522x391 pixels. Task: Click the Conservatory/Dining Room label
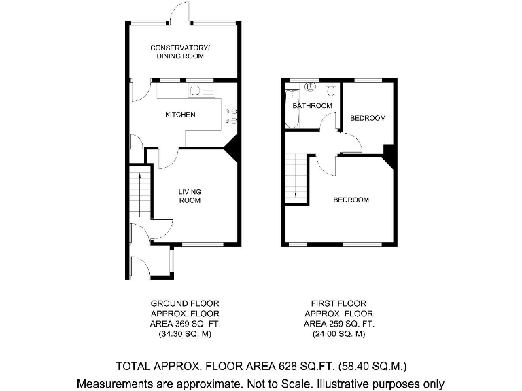click(180, 51)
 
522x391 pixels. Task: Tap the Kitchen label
click(180, 115)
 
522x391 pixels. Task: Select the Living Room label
click(190, 196)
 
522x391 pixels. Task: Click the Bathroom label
click(312, 106)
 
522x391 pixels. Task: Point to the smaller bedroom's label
click(368, 118)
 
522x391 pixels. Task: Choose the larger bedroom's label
click(351, 200)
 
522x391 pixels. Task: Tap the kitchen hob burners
click(230, 116)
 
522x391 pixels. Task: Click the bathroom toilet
click(330, 90)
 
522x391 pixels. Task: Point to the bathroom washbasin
click(311, 87)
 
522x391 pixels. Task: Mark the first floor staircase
click(296, 176)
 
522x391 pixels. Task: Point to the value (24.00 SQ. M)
click(338, 335)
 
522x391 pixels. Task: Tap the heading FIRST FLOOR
click(338, 303)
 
